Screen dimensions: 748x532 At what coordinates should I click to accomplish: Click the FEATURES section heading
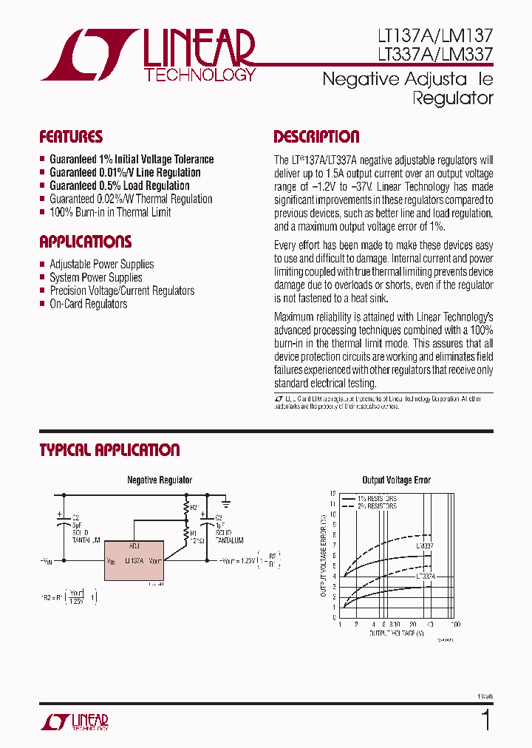[71, 137]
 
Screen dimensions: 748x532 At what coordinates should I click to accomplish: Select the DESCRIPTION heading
[316, 137]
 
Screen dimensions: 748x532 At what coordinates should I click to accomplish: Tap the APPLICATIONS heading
[85, 242]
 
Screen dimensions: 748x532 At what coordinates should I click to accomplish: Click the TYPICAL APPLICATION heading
[109, 450]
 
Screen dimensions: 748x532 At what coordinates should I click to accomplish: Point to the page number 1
[485, 719]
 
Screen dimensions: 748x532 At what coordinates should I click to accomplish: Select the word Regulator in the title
[453, 98]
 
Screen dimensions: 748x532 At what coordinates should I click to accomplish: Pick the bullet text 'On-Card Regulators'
[88, 305]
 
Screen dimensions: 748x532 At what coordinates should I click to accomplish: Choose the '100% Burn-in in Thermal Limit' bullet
[110, 213]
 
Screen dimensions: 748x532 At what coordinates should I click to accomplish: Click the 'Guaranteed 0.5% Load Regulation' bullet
[119, 186]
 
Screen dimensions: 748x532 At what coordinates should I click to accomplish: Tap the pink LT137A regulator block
[133, 560]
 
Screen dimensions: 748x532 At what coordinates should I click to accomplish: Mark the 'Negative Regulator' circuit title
[160, 480]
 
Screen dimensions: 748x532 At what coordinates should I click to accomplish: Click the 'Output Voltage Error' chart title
[396, 480]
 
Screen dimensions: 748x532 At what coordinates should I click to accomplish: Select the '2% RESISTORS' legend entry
[378, 506]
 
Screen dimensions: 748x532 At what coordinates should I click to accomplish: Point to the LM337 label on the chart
[425, 545]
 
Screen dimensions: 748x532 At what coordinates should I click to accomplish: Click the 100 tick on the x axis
[456, 625]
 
